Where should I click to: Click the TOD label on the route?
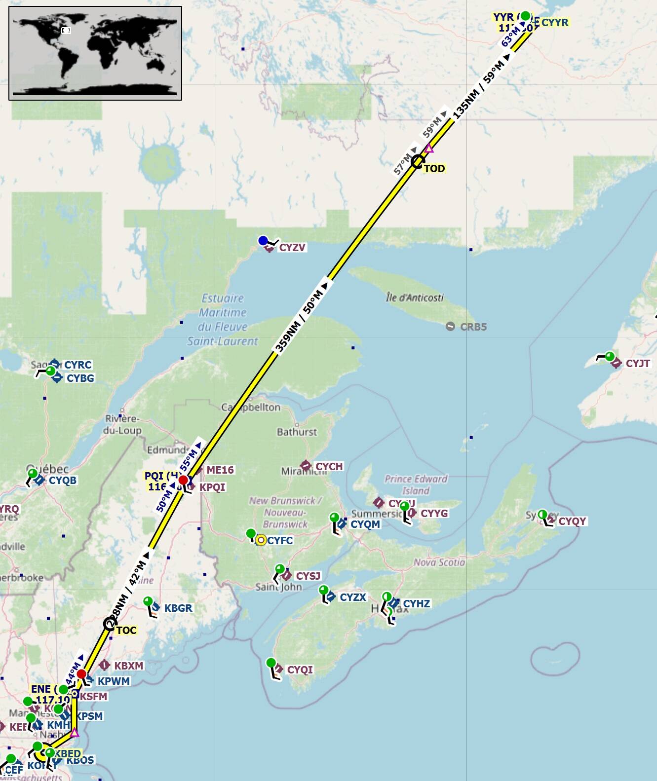pyautogui.click(x=434, y=169)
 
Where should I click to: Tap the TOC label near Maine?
pyautogui.click(x=126, y=631)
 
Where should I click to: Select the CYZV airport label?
pyautogui.click(x=292, y=248)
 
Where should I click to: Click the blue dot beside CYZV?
pyautogui.click(x=263, y=241)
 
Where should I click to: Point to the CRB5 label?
pyautogui.click(x=473, y=327)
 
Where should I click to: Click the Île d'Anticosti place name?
pyautogui.click(x=415, y=298)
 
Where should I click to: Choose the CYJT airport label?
pyautogui.click(x=638, y=364)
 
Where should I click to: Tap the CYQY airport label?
pyautogui.click(x=572, y=521)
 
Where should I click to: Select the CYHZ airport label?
pyautogui.click(x=416, y=604)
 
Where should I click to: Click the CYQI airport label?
pyautogui.click(x=300, y=670)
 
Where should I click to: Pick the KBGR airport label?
pyautogui.click(x=178, y=608)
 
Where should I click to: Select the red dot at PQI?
pyautogui.click(x=183, y=480)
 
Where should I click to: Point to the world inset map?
pyautogui.click(x=95, y=53)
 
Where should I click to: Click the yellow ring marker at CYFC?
pyautogui.click(x=261, y=540)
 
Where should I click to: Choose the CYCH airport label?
pyautogui.click(x=329, y=467)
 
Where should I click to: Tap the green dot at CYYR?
pyautogui.click(x=526, y=16)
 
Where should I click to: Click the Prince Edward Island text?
pyautogui.click(x=416, y=484)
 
